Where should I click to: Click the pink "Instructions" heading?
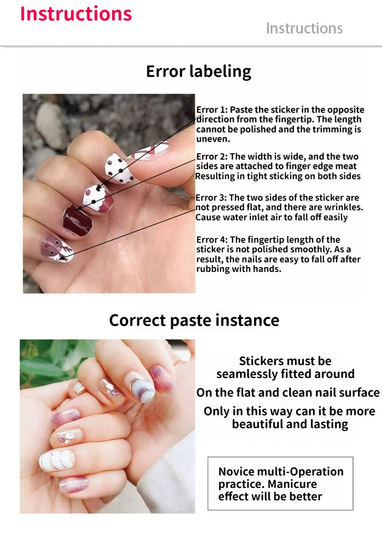pyautogui.click(x=76, y=13)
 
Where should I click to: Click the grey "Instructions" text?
pyautogui.click(x=304, y=28)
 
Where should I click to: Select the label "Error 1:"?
pyautogui.click(x=212, y=110)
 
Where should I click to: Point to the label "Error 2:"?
pyautogui.click(x=212, y=157)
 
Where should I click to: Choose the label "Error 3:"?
pyautogui.click(x=212, y=198)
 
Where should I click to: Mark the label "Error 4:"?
pyautogui.click(x=212, y=240)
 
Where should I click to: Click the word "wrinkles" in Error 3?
pyautogui.click(x=346, y=207)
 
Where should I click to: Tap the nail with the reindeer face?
pyautogui.click(x=57, y=248)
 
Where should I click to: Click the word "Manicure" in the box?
pyautogui.click(x=292, y=484)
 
